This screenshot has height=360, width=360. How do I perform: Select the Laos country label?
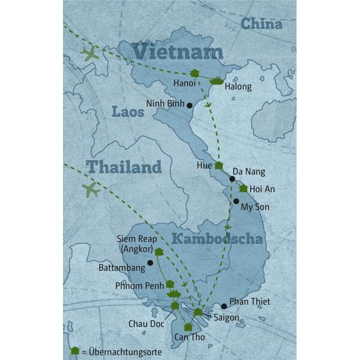128,112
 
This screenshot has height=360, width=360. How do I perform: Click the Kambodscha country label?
217,239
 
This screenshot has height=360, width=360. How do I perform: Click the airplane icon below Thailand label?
91,190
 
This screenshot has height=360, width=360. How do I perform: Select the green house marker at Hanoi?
194,74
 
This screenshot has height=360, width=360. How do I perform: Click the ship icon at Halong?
217,81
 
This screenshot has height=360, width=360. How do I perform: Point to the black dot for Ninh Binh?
190,106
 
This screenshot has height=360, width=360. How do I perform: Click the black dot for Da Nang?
232,179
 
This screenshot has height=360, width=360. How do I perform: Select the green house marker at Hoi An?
243,188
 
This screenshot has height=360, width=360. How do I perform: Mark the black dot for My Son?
236,202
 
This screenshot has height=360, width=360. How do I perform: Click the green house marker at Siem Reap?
159,252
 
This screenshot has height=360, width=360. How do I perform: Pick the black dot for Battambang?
150,263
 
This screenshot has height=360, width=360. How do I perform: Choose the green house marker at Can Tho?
188,327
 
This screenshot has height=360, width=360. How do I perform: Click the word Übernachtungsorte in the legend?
123,351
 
